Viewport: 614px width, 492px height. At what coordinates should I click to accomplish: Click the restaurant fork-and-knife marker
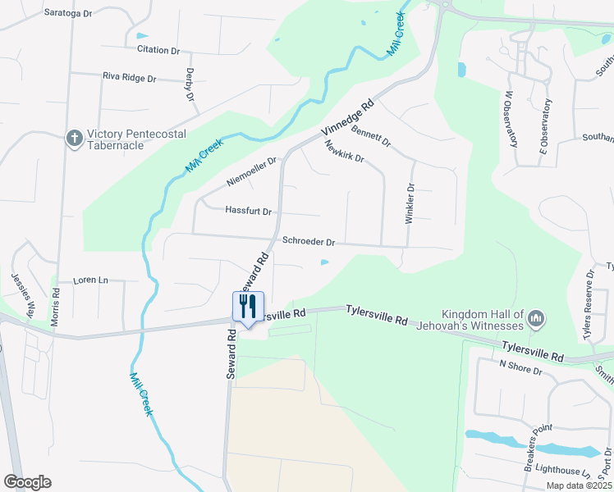click(248, 307)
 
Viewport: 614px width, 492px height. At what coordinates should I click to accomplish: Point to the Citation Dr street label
click(158, 50)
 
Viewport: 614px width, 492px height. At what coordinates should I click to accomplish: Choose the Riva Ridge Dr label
click(129, 78)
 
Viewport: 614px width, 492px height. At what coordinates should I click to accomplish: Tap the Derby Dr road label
click(190, 84)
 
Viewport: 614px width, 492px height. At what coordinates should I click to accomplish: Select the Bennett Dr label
click(371, 135)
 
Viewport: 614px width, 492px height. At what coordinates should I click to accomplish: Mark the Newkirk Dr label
click(344, 152)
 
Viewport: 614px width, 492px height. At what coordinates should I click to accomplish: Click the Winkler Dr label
click(410, 203)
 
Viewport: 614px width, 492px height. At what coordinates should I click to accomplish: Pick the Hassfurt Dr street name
click(248, 211)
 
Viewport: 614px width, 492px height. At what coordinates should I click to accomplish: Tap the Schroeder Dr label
click(309, 242)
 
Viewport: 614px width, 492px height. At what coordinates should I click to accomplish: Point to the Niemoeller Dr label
click(252, 171)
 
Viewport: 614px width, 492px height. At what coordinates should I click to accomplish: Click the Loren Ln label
click(90, 280)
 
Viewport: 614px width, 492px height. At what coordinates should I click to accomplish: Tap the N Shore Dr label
click(521, 367)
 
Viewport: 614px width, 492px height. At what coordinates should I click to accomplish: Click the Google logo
click(27, 482)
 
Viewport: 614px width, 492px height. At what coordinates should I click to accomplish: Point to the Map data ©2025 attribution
click(579, 485)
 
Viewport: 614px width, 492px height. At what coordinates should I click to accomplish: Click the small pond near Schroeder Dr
click(324, 262)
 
